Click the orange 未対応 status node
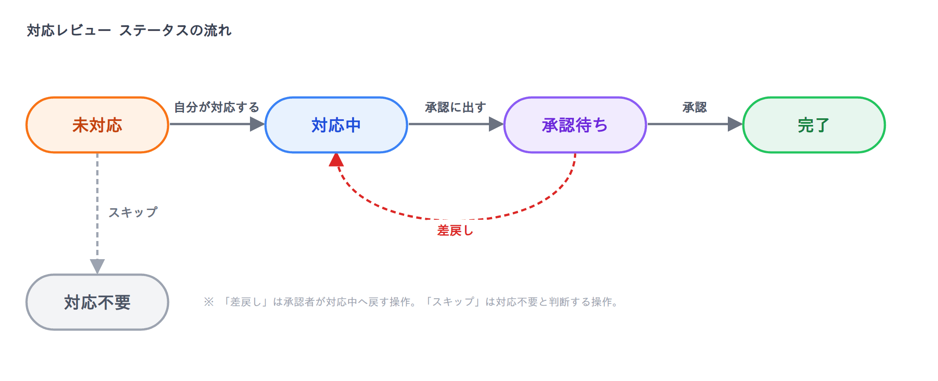[x=97, y=125]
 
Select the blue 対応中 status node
[x=336, y=125]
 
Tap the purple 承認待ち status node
[x=575, y=125]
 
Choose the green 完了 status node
[x=814, y=125]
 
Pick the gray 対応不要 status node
[x=97, y=302]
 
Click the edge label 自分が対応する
[x=217, y=107]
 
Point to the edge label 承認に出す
[x=456, y=107]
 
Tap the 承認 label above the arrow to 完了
[x=695, y=107]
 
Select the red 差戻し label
[x=455, y=230]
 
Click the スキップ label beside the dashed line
[x=133, y=212]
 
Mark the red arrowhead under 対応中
[x=336, y=159]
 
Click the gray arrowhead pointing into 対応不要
[x=97, y=266]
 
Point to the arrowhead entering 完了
[x=735, y=124]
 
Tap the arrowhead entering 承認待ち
[x=496, y=124]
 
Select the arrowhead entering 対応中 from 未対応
[x=258, y=124]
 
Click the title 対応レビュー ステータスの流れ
[x=129, y=31]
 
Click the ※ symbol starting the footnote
[x=208, y=302]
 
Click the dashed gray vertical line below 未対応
[x=97, y=206]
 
